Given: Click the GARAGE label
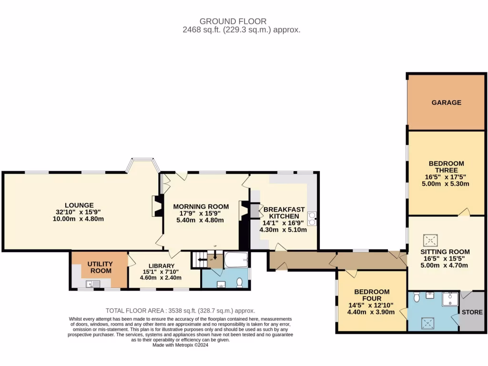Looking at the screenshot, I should click(x=446, y=102).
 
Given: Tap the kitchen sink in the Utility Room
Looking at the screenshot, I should click(x=90, y=284).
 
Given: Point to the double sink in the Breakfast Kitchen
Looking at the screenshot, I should click(x=313, y=218).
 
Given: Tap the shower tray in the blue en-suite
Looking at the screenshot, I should click(x=448, y=299).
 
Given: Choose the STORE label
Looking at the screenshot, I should click(x=472, y=313).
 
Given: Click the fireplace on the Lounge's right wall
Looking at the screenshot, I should click(x=155, y=206).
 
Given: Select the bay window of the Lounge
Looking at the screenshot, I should click(x=142, y=164).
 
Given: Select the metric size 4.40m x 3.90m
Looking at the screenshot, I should click(x=371, y=312).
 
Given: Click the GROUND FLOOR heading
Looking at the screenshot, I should click(x=233, y=21).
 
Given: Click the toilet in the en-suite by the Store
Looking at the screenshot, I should click(x=417, y=297).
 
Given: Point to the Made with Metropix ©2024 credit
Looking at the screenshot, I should click(x=180, y=345).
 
